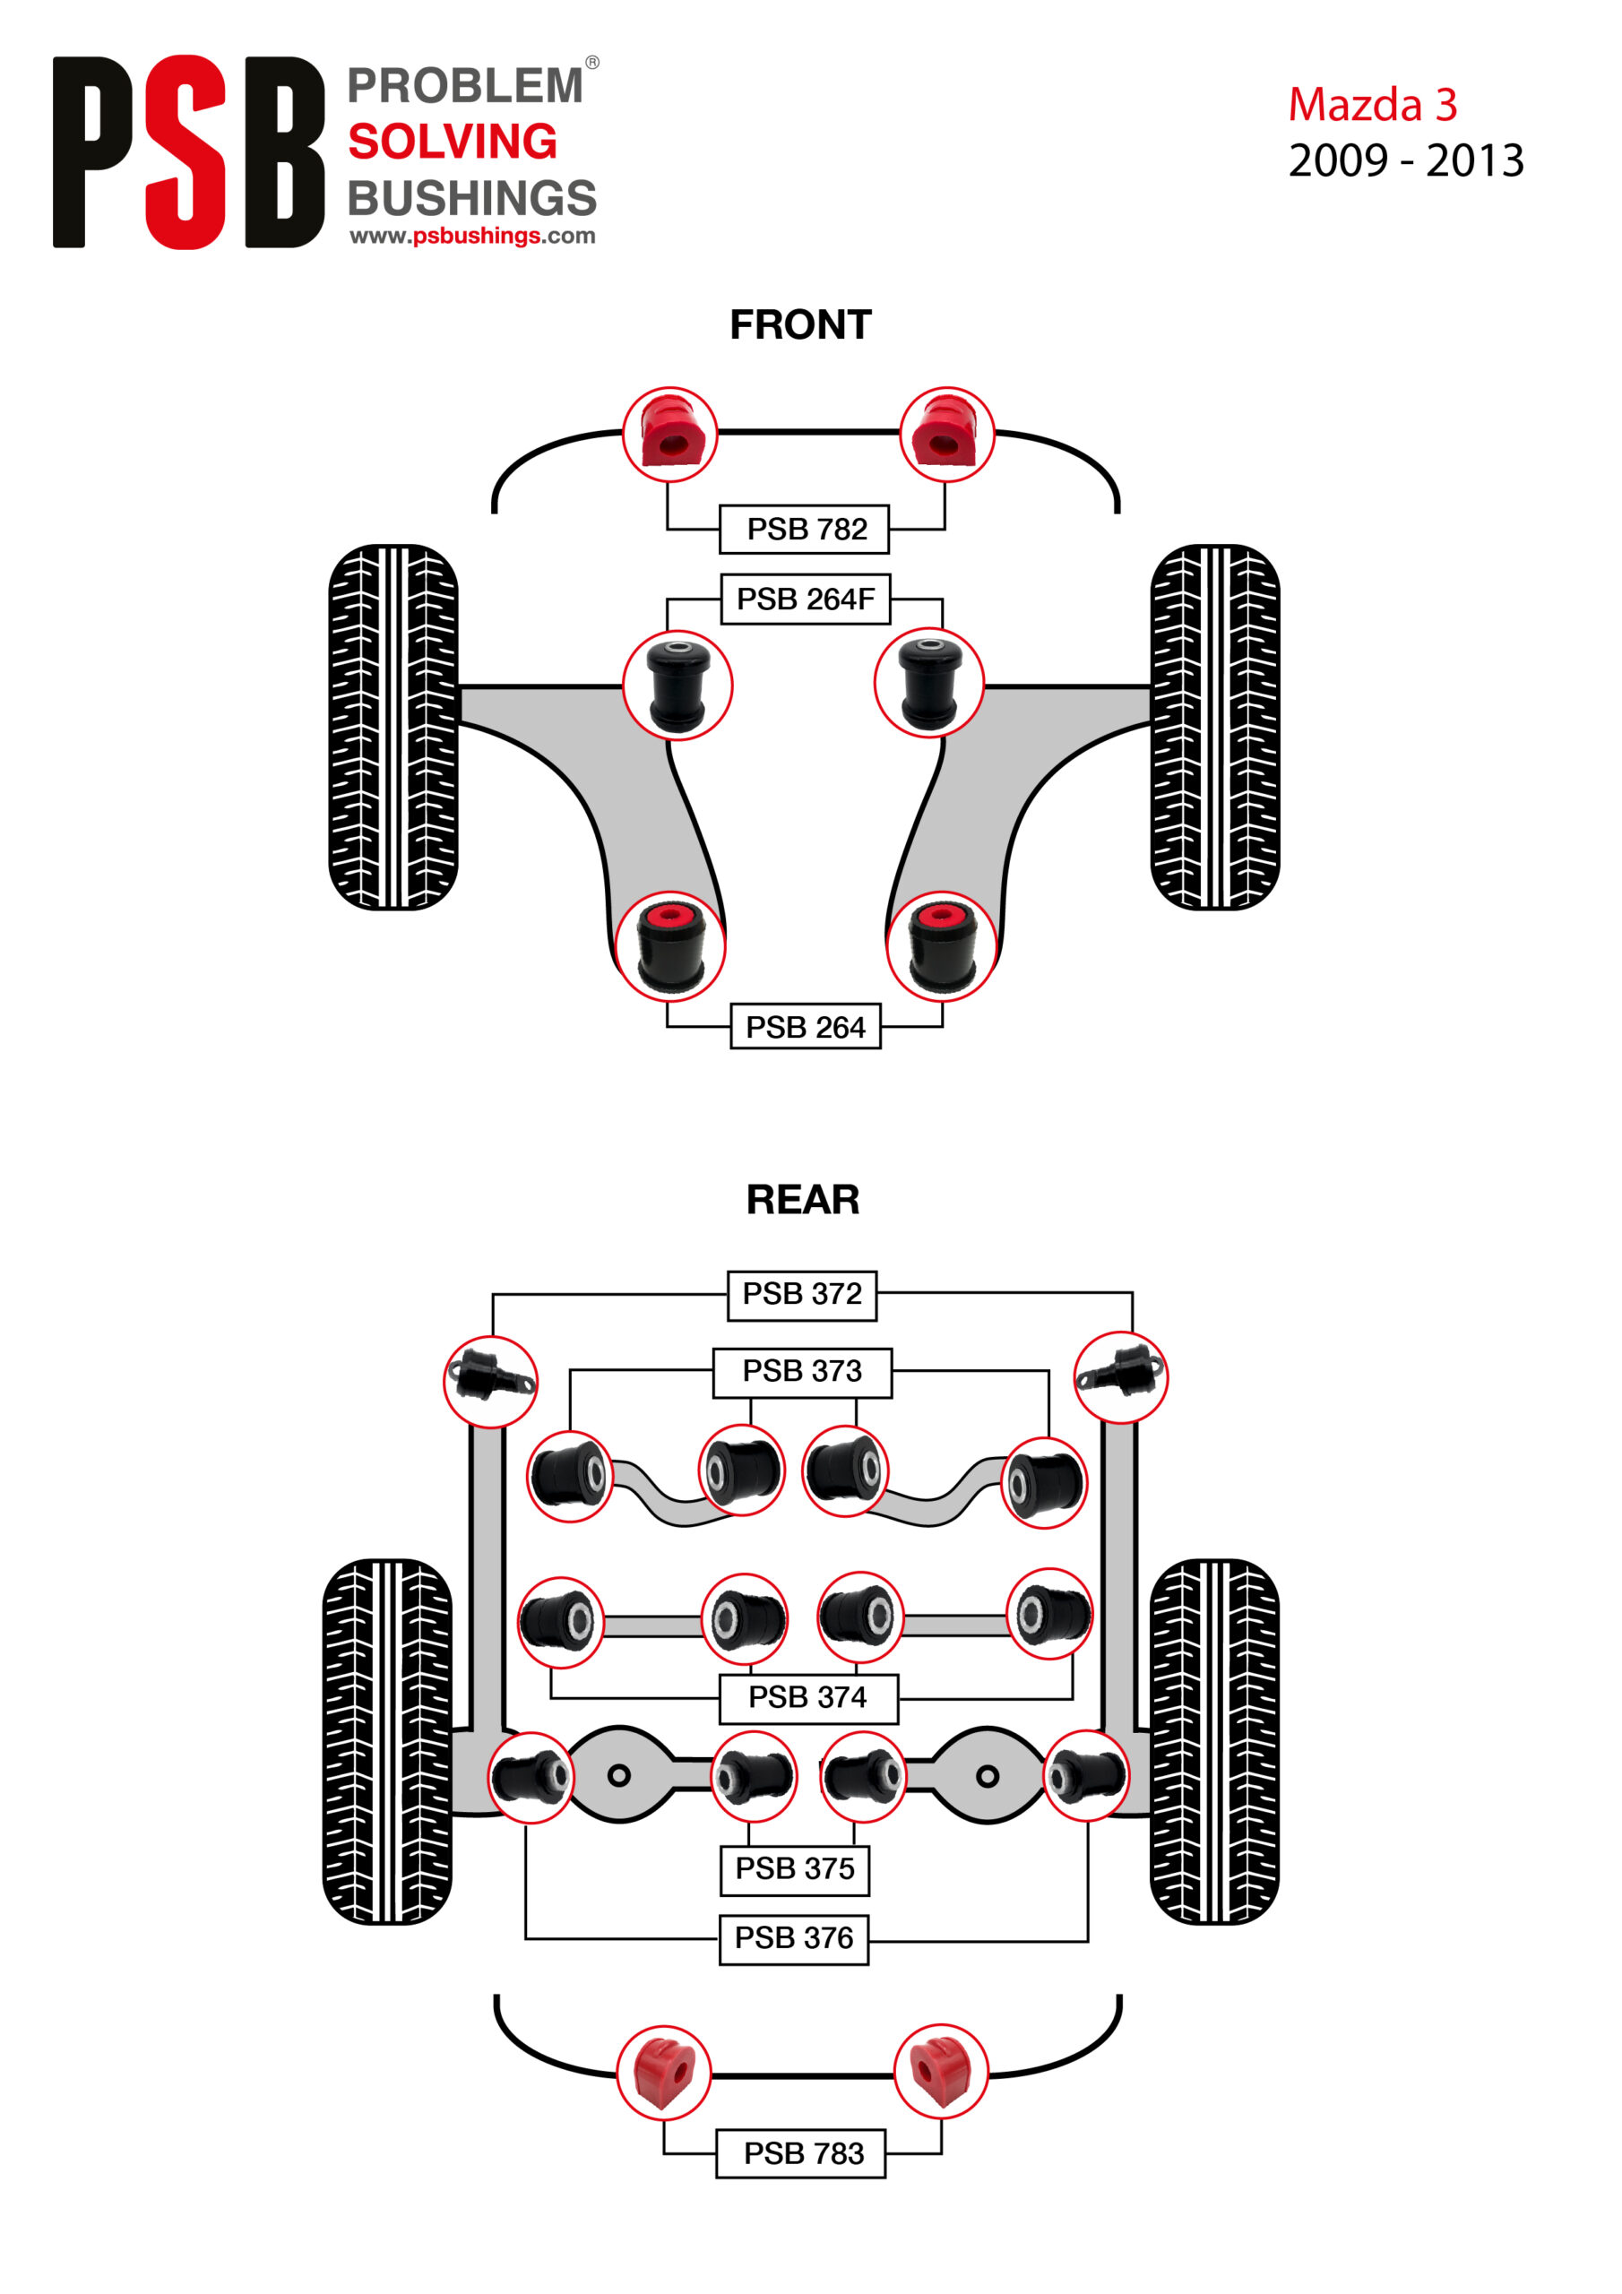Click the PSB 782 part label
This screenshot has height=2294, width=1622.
805,529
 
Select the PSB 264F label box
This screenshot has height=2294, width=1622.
805,599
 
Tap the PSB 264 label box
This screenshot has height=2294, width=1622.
805,1026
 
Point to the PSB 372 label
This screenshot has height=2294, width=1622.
801,1294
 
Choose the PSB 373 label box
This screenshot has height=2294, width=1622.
801,1371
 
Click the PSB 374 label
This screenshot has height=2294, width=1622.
807,1696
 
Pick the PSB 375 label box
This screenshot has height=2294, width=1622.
795,1867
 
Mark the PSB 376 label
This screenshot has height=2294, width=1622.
793,1937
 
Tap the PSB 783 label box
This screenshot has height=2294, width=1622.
801,2153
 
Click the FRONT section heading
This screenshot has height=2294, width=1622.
800,324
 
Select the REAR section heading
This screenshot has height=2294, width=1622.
803,1199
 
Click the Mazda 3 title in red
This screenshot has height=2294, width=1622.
1372,105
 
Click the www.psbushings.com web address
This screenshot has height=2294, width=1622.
471,237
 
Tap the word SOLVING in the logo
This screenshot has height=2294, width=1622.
452,141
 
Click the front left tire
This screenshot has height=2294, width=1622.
393,727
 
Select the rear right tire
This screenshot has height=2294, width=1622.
1213,1740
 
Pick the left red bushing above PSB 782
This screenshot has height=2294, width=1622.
669,434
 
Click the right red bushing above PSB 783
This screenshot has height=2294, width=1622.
939,2071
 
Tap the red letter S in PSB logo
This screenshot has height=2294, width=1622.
185,151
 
